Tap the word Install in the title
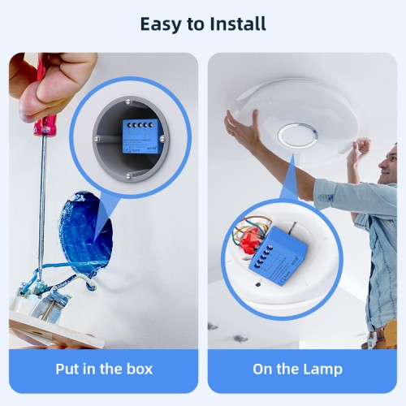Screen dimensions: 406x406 pos(234,24)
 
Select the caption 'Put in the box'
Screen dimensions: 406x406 pos(104,369)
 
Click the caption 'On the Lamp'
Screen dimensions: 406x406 pos(297,369)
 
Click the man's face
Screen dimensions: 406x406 pos(391,162)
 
